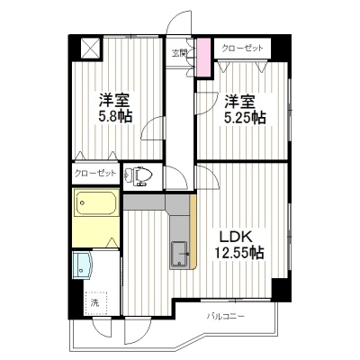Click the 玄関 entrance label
[180, 53]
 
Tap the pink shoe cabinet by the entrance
[203, 57]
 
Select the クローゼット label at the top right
[242, 48]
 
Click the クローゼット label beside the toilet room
[95, 173]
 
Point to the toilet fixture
[139, 175]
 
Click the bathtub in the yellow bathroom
[96, 202]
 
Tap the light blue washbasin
[82, 265]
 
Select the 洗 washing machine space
[95, 302]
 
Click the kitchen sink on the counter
[179, 255]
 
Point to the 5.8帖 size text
[115, 117]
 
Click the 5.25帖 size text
[245, 118]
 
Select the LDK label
[236, 238]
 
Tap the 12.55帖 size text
[238, 253]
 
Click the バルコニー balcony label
[226, 316]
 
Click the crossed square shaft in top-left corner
[91, 49]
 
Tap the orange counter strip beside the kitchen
[193, 231]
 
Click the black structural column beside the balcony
[282, 290]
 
